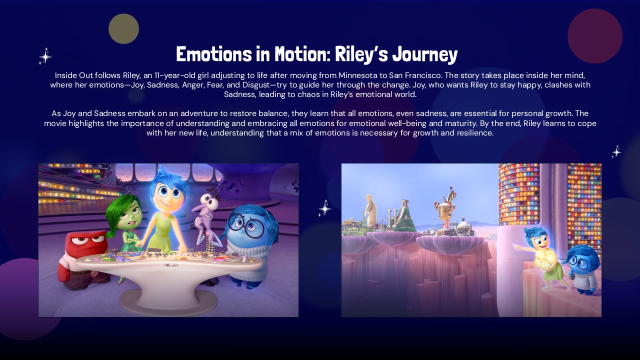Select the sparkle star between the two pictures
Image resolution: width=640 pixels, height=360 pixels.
[x=324, y=207]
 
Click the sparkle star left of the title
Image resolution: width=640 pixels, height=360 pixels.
[x=45, y=56]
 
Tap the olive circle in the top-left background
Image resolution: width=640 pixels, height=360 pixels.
[x=123, y=28]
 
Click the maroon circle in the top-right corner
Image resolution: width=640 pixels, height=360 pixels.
[x=594, y=36]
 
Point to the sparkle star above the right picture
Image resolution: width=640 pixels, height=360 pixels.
[x=616, y=151]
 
